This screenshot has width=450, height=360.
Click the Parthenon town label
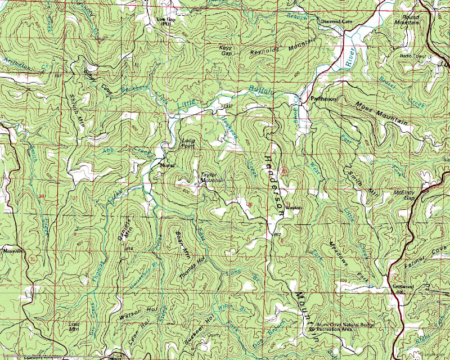tap(323, 99)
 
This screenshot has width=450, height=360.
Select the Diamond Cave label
tap(336, 22)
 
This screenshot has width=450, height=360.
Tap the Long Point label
tap(188, 144)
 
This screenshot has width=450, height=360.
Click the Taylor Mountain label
tap(208, 178)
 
